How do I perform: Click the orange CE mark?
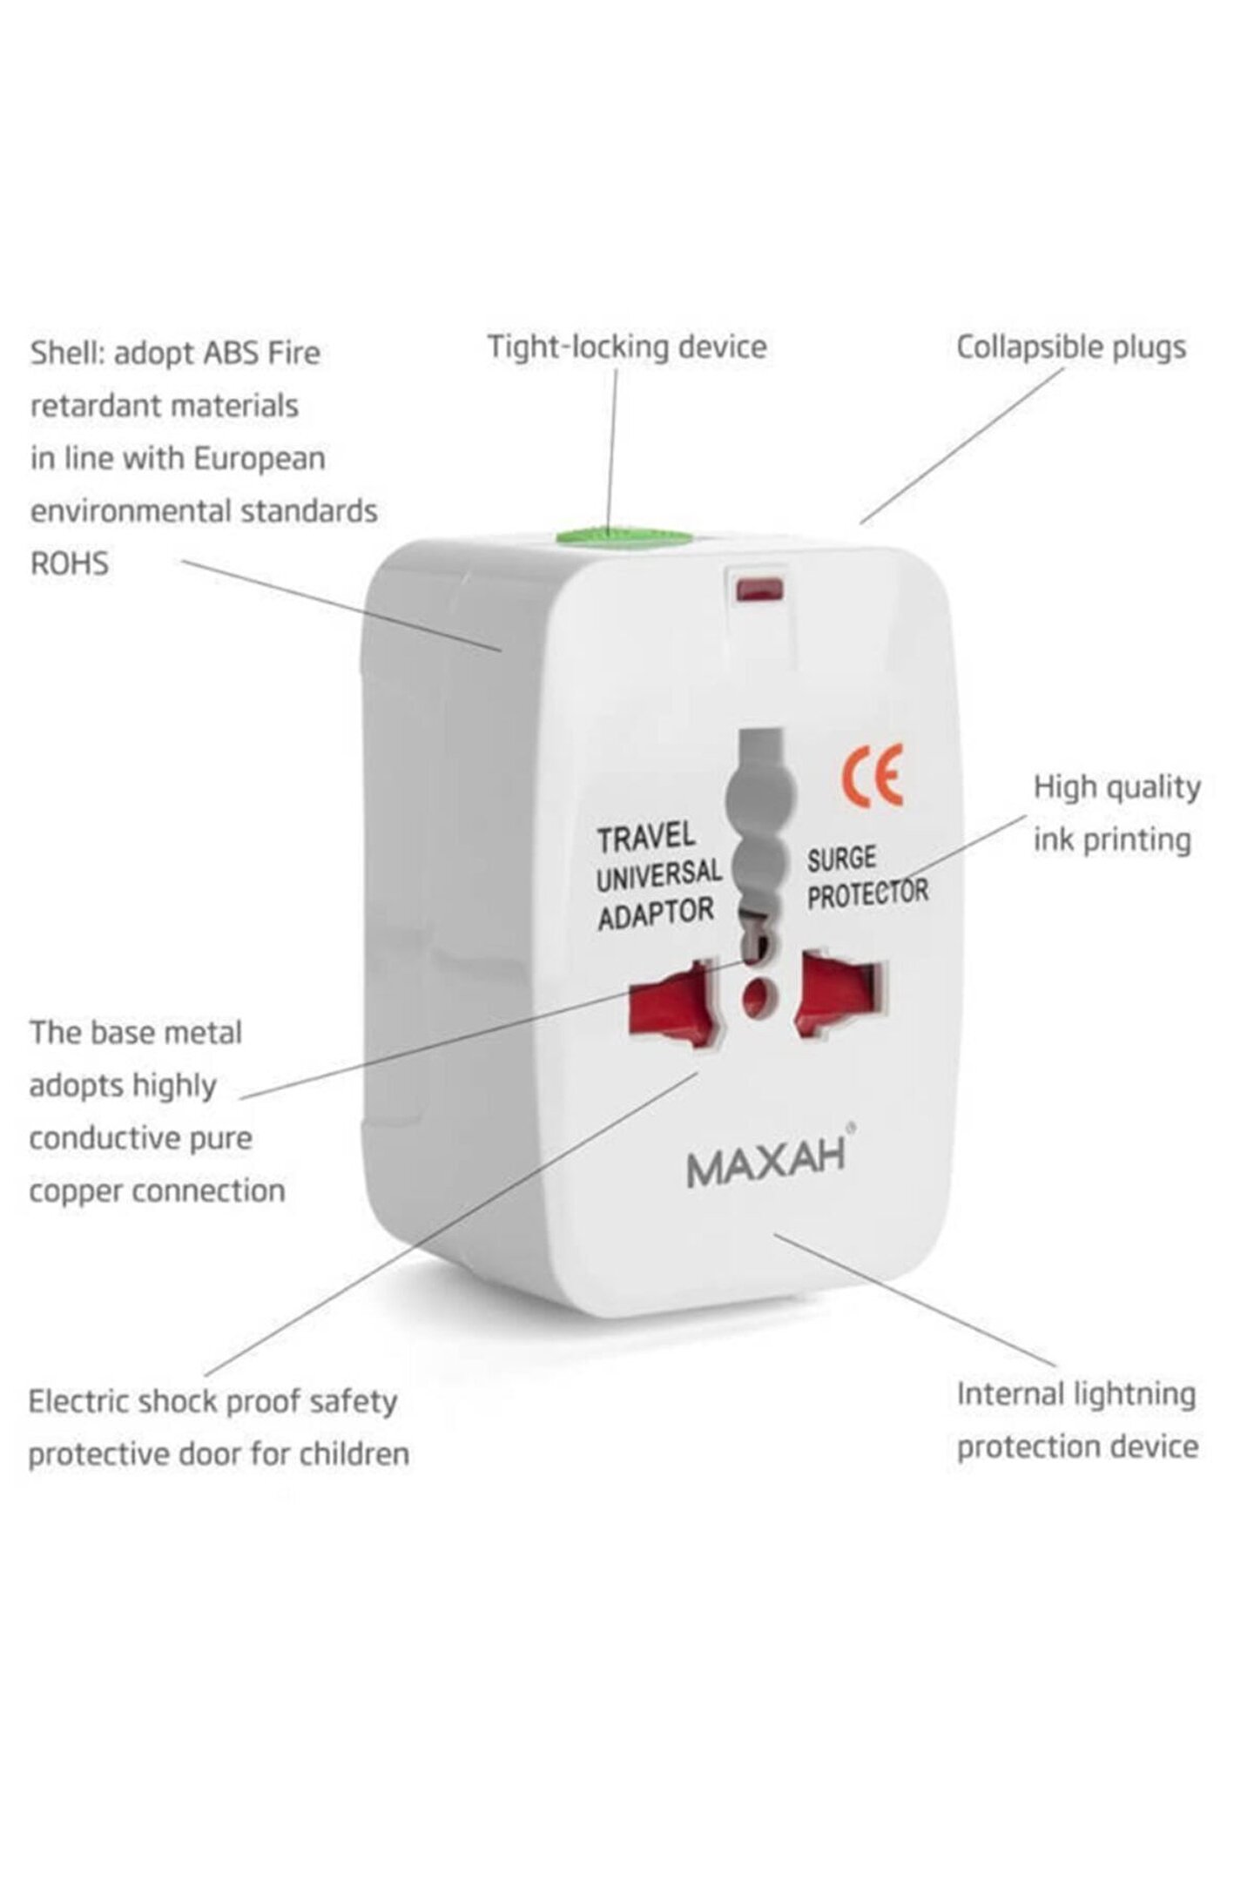pos(872,774)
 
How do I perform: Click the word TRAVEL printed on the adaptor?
pos(646,838)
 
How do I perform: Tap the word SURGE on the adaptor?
pos(841,859)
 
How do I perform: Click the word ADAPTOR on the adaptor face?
pos(656,914)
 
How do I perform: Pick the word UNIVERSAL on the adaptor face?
pos(659,875)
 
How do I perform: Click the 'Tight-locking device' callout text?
pos(627,347)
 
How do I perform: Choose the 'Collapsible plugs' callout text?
pos(1071,347)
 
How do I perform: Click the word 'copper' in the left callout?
pos(76,1191)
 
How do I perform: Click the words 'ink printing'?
pos(1112,840)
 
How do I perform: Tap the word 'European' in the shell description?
pos(259,459)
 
